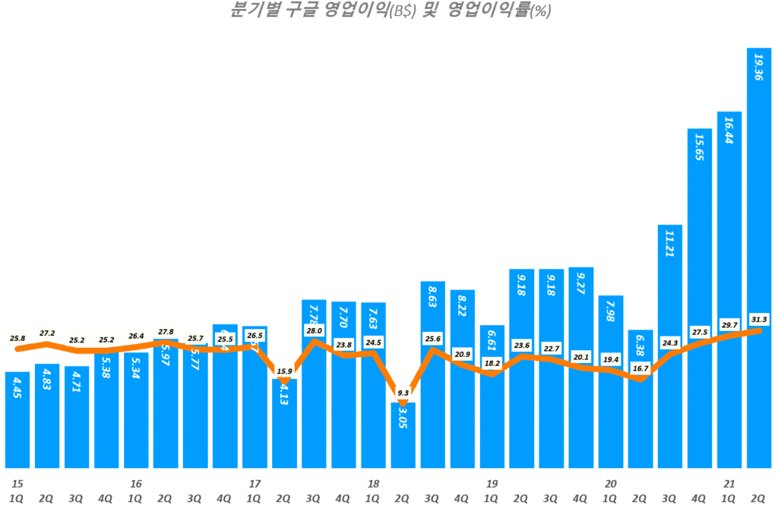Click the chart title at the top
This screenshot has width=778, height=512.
click(390, 11)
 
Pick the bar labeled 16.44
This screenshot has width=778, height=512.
click(729, 289)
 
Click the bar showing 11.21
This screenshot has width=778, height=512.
click(670, 346)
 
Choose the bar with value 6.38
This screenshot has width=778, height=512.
click(640, 399)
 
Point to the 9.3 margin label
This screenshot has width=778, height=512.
click(403, 393)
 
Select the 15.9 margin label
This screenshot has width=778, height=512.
click(284, 371)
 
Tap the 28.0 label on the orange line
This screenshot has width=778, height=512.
click(315, 330)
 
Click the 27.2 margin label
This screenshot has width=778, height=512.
click(47, 333)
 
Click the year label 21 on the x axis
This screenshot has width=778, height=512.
click(729, 484)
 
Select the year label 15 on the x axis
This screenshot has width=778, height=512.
click(17, 484)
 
